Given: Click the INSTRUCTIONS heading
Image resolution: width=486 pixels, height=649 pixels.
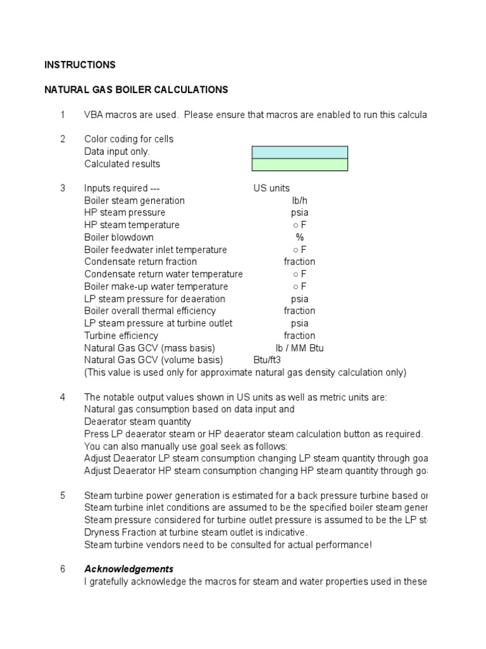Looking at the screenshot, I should point(80,65).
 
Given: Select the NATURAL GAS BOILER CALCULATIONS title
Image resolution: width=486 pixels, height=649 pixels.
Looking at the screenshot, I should point(136,90).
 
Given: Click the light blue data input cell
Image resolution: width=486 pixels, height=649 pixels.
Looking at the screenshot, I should point(299,152).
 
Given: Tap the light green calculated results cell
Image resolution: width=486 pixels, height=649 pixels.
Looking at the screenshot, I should point(299,165).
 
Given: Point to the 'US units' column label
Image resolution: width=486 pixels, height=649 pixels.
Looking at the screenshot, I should point(271,188).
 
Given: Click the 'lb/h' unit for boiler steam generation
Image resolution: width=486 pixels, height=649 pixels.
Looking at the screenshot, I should point(299,201).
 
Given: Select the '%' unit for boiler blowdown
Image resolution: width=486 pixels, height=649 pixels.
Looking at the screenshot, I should point(299,238).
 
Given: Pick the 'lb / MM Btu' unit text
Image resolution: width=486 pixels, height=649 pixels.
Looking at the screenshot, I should point(299,348).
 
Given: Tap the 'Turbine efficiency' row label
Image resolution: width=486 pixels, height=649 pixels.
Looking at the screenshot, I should point(121,336).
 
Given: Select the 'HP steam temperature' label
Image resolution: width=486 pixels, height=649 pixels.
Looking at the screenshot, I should point(132,225).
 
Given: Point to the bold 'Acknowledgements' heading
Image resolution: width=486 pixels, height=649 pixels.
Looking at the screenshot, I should point(128,569).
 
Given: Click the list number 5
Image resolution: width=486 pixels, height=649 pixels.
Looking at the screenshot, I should point(63,496).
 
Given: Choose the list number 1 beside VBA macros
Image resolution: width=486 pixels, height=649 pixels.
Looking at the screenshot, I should point(63,115).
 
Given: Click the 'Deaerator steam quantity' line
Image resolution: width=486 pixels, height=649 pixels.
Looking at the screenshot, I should point(137,421).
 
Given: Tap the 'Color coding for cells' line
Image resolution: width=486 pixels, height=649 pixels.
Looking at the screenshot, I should point(128,139).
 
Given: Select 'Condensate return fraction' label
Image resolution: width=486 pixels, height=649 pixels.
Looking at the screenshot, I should point(140,262).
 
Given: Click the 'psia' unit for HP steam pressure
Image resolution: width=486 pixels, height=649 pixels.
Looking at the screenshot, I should point(299,213).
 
